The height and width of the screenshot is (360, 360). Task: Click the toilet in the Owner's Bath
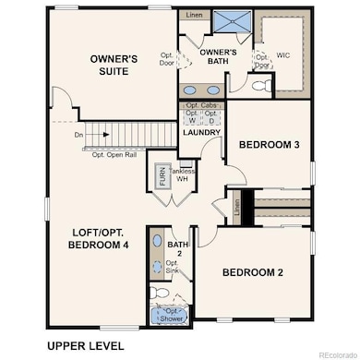(x=259, y=86)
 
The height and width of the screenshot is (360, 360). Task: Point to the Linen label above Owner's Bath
(x=193, y=16)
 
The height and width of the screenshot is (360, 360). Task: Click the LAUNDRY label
(x=201, y=133)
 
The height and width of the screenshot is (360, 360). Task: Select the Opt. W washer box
(x=191, y=117)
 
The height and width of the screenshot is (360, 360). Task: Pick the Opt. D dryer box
(x=211, y=117)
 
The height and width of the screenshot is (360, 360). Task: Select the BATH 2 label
(x=176, y=248)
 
